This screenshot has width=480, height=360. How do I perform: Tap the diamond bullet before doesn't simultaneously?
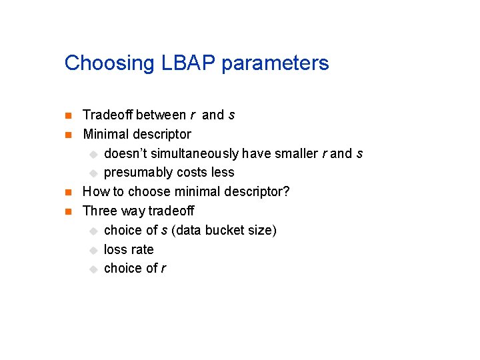[x=94, y=154]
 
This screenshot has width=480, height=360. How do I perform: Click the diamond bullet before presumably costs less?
[x=94, y=173]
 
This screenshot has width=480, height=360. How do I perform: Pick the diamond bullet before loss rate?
[x=94, y=250]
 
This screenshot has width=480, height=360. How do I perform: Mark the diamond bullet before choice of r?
[x=94, y=269]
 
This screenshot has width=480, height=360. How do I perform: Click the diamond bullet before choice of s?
[x=94, y=231]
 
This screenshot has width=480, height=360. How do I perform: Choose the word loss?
[x=116, y=249]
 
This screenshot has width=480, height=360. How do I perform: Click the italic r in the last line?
[x=163, y=269]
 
